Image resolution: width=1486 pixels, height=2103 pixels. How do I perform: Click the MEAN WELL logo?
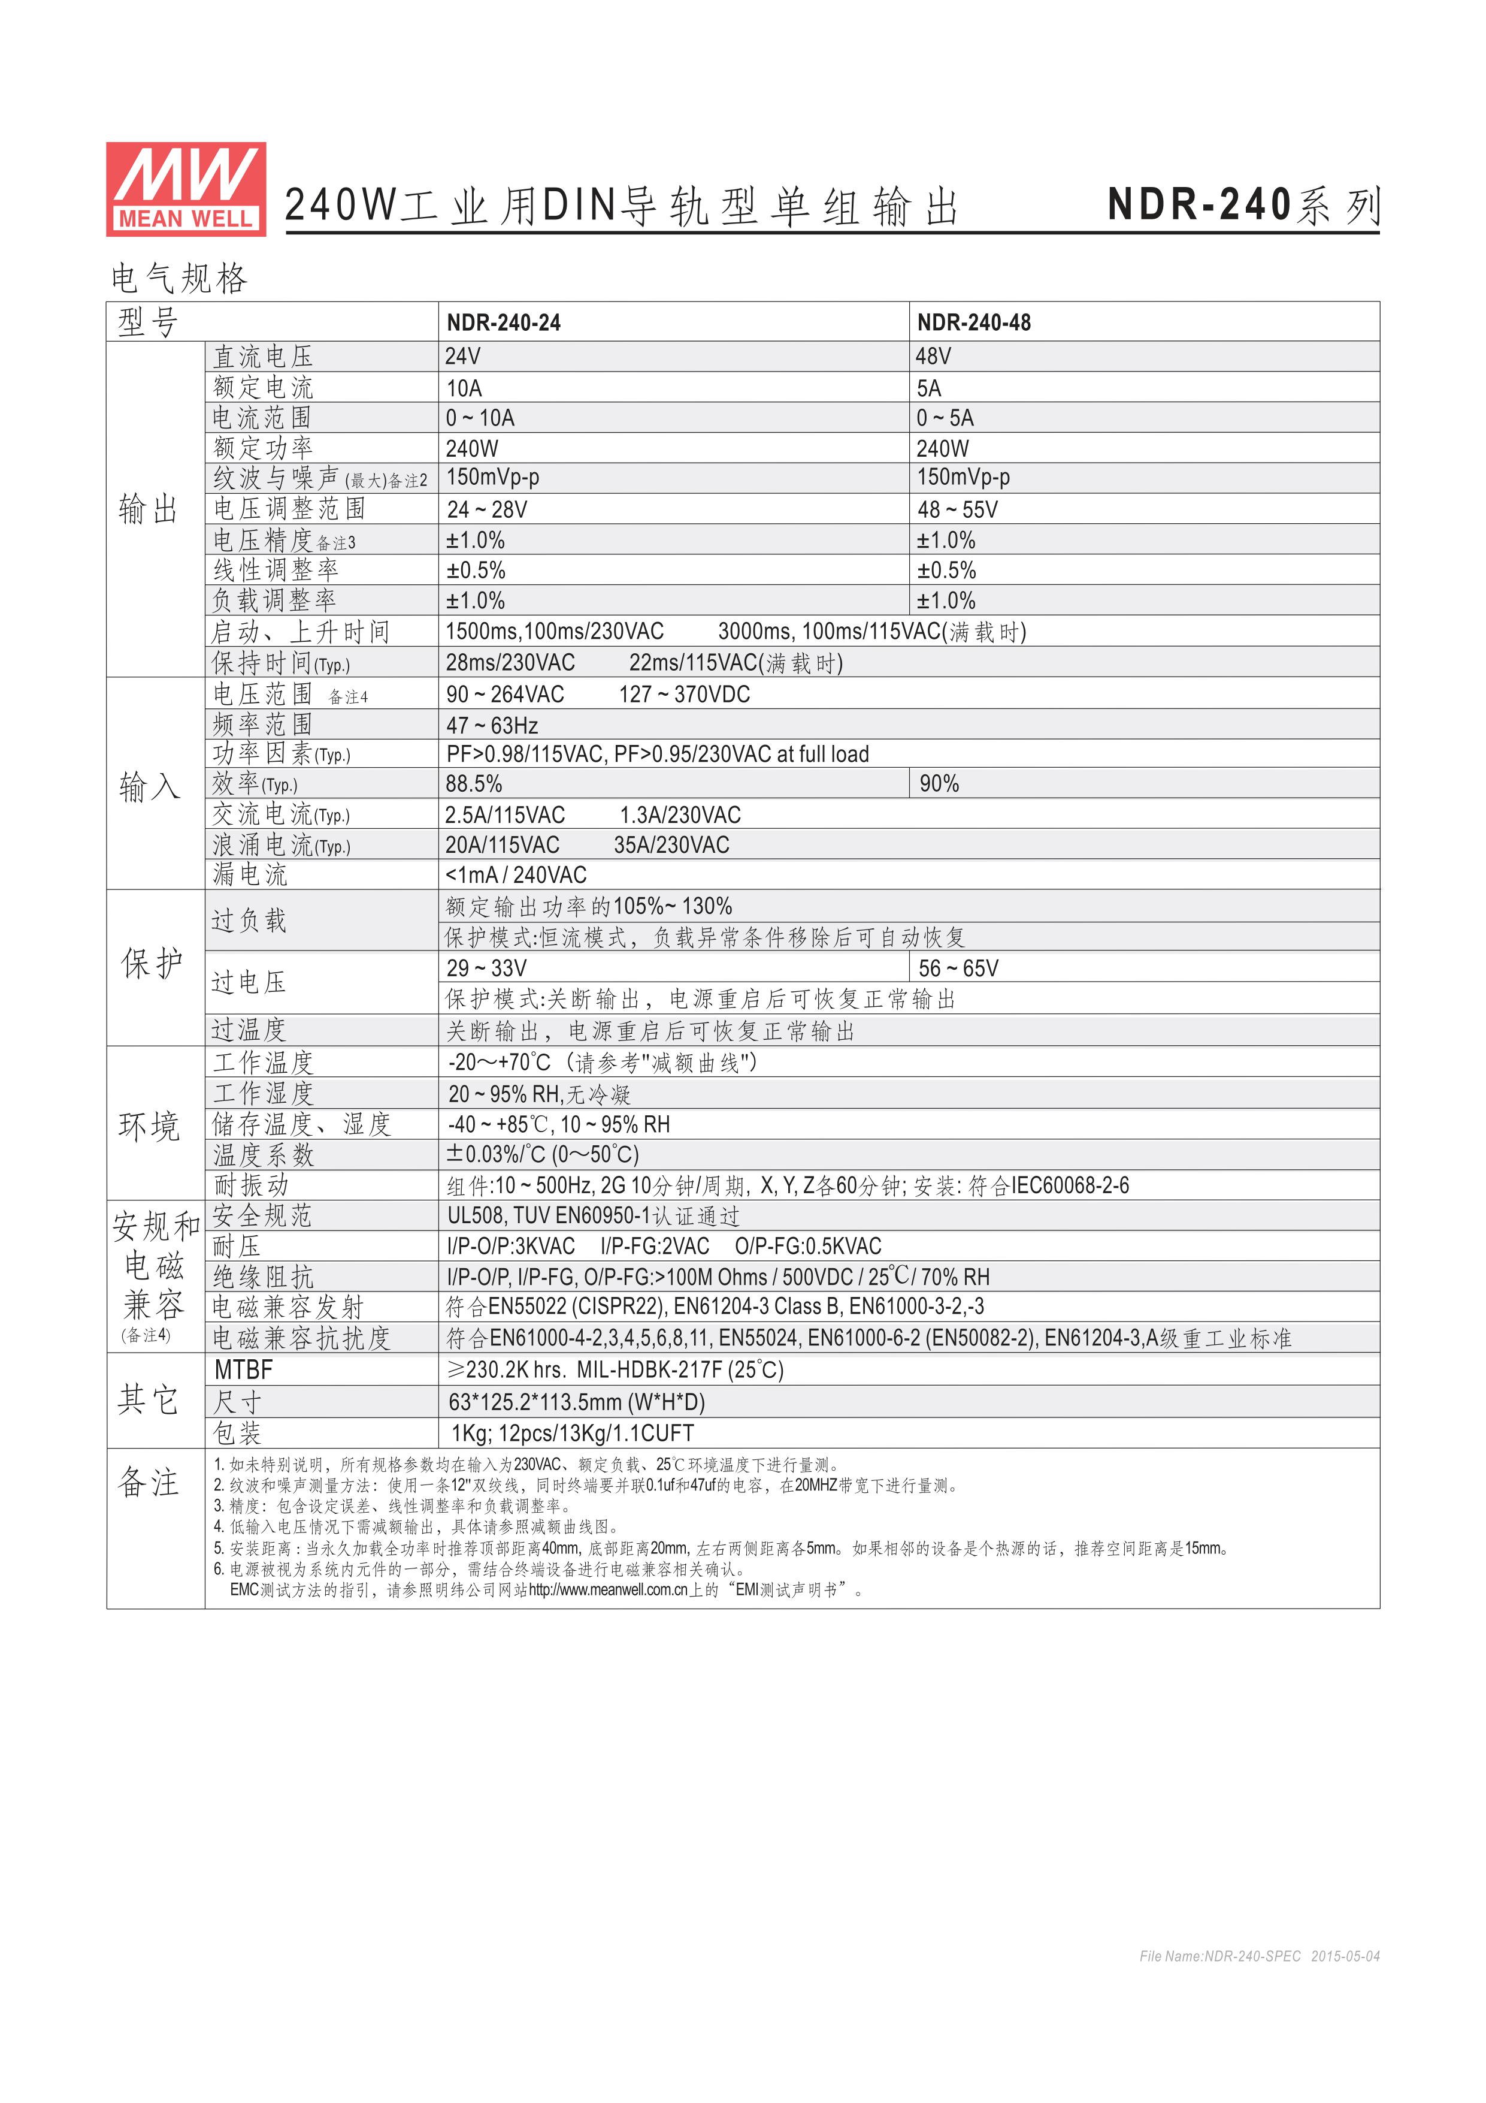(x=186, y=189)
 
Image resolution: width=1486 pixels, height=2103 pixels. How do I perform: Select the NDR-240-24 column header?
(x=504, y=322)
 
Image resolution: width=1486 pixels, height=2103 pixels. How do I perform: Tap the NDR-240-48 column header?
(x=973, y=322)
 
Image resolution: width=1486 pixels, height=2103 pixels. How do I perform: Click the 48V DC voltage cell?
(x=933, y=357)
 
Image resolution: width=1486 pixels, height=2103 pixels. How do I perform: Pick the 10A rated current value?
(x=464, y=387)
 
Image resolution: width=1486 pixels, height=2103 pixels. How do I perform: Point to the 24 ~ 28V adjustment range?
(x=486, y=509)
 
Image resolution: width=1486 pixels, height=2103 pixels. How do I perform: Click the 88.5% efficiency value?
(x=473, y=784)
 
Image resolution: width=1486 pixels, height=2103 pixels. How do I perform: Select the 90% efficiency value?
(x=939, y=784)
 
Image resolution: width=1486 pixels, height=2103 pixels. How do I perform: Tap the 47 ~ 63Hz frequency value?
(x=492, y=725)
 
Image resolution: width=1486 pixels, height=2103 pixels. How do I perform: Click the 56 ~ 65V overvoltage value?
(x=958, y=968)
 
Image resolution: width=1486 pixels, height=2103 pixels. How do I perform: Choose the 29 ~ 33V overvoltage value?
(x=486, y=968)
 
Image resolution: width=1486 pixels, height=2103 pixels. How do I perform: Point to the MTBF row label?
(x=244, y=1370)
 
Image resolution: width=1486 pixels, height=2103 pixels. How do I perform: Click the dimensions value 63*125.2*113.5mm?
(x=576, y=1402)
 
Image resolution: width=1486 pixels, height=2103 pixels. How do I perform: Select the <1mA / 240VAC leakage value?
(x=516, y=875)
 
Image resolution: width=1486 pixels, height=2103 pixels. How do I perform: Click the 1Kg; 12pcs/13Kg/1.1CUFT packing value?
(x=572, y=1434)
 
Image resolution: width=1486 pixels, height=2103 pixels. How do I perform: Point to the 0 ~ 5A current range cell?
(x=945, y=418)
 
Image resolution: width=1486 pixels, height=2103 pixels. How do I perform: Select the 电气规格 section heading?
(x=180, y=279)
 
